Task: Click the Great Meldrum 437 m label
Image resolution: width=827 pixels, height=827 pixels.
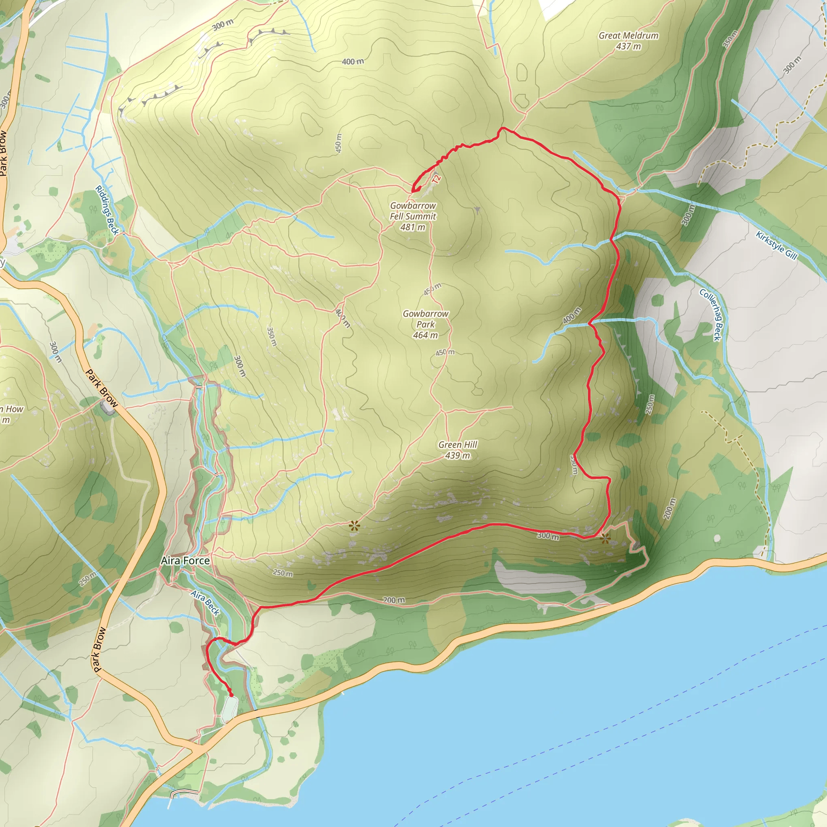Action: pyautogui.click(x=628, y=41)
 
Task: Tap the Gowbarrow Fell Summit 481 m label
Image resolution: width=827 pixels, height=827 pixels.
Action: pyautogui.click(x=413, y=216)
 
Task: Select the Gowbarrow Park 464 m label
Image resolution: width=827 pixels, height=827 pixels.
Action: pyautogui.click(x=426, y=325)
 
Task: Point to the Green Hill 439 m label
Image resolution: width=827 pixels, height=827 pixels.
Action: pyautogui.click(x=458, y=450)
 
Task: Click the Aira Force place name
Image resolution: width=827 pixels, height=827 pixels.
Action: pyautogui.click(x=185, y=561)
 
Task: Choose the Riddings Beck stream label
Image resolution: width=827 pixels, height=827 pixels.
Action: pyautogui.click(x=107, y=210)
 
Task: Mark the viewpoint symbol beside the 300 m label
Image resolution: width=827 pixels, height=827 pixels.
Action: pyautogui.click(x=605, y=538)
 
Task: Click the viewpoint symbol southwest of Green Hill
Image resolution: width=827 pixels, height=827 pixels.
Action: pyautogui.click(x=354, y=526)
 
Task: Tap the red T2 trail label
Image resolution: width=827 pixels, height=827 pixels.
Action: pyautogui.click(x=436, y=179)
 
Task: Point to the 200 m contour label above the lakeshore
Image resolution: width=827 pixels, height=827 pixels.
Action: pyautogui.click(x=393, y=600)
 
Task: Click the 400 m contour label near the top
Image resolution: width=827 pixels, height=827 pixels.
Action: pyautogui.click(x=353, y=62)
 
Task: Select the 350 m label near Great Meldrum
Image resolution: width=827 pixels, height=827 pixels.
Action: pyautogui.click(x=730, y=39)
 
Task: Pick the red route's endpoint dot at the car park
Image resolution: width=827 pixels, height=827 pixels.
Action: pyautogui.click(x=231, y=695)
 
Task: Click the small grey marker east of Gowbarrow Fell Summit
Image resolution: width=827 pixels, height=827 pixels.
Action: pyautogui.click(x=477, y=209)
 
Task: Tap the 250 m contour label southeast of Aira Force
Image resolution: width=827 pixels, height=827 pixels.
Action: pyautogui.click(x=283, y=573)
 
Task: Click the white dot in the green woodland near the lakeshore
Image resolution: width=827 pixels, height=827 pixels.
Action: pyautogui.click(x=718, y=538)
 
